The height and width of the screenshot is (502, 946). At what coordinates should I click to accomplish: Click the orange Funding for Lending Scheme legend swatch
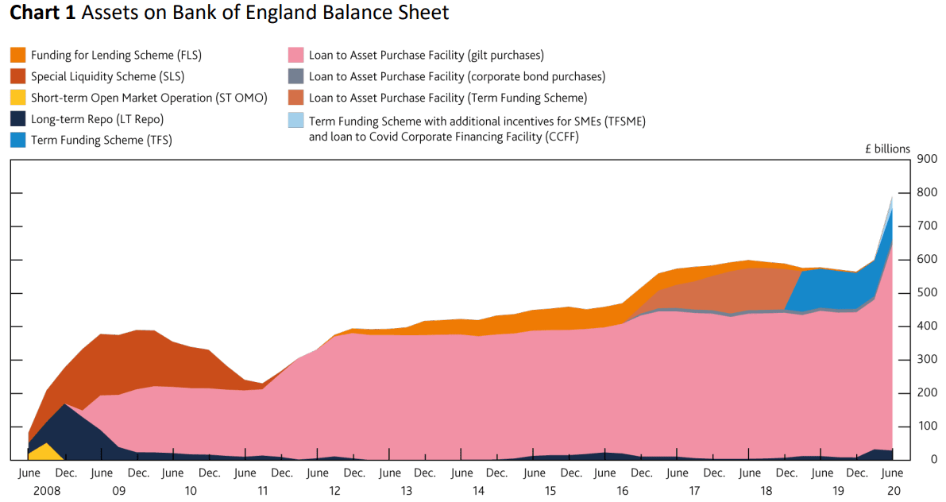coord(18,55)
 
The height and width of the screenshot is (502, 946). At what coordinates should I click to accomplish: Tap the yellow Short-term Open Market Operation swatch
coord(18,98)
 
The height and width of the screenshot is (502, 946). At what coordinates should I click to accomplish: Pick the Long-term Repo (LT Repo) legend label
coord(97,119)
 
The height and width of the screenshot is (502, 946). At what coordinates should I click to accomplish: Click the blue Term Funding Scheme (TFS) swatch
coord(18,140)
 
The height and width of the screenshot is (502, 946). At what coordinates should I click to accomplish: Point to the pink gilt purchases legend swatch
coord(295,55)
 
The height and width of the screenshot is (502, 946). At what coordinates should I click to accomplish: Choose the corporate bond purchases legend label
coord(457,77)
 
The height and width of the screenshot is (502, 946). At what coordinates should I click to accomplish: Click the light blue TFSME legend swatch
coord(295,121)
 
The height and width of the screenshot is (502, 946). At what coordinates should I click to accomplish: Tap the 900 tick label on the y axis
coord(926,158)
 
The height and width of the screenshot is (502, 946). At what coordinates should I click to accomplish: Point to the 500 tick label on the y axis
coord(926,293)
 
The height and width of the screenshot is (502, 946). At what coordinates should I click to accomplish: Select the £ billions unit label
coord(887,149)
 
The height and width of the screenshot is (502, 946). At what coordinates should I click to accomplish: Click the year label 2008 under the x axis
coord(47,491)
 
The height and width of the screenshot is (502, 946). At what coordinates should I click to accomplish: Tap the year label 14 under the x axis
coord(478,491)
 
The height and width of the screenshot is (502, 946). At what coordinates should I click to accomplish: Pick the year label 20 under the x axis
coord(894,491)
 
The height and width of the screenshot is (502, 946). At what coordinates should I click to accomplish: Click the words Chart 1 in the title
coord(43,13)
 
